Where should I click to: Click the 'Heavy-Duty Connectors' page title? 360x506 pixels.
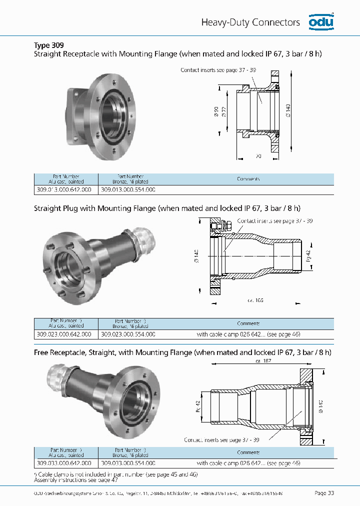pos(250,22)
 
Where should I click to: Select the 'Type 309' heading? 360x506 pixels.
pos(48,44)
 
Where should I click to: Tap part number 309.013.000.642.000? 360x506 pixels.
pos(64,190)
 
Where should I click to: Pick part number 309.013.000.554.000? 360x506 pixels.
pos(128,190)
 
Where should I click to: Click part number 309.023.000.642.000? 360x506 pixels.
pos(64,334)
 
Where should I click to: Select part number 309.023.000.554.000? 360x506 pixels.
pos(128,334)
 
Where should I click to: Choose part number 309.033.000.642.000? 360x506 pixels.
pos(64,463)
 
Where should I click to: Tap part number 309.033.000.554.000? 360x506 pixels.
pos(128,463)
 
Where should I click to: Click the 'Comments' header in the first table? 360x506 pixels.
pos(248,179)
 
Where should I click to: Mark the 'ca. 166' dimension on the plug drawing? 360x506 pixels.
pos(255,300)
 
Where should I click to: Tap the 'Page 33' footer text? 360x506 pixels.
pos(324,493)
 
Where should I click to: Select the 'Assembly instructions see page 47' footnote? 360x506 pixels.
pos(75,479)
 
